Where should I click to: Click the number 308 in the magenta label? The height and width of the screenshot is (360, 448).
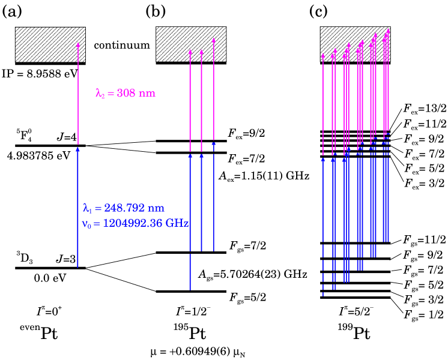(x=126, y=94)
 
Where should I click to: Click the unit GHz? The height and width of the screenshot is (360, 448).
(x=178, y=223)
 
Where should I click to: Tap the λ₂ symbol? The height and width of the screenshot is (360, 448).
(x=100, y=94)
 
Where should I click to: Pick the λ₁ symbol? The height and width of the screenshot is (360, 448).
(x=87, y=209)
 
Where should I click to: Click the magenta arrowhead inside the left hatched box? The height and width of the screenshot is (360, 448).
(x=78, y=44)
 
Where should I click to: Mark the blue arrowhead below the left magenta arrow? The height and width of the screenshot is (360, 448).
(x=77, y=149)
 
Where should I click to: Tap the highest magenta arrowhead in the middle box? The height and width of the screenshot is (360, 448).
(x=214, y=40)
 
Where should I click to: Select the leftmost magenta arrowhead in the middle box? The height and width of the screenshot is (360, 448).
(x=190, y=52)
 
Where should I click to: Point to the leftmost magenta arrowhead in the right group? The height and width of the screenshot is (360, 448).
(x=323, y=56)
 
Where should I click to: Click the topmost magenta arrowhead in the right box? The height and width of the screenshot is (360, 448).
(x=388, y=31)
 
